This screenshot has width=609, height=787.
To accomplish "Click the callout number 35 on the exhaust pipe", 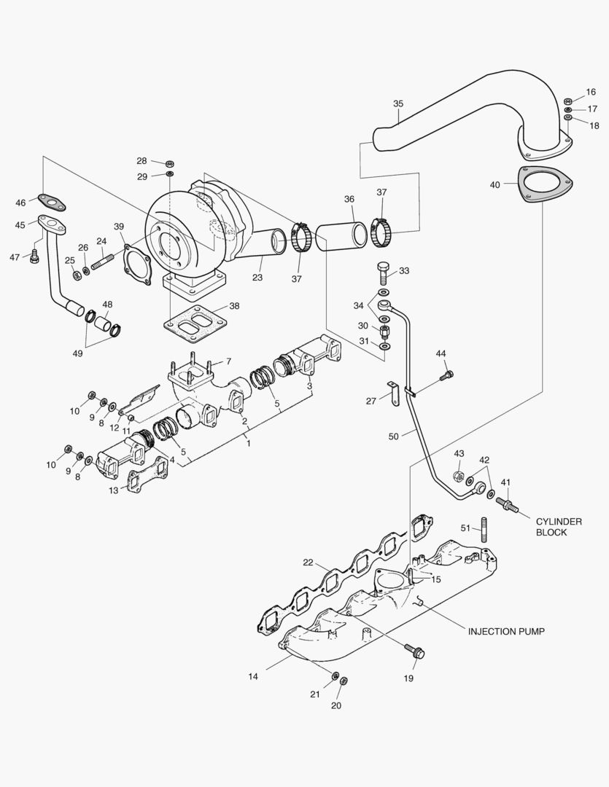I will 397,104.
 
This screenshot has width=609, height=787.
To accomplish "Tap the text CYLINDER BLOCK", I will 559,527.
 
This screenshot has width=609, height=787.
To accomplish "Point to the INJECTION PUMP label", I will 505,630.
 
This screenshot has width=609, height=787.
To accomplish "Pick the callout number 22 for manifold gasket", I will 309,562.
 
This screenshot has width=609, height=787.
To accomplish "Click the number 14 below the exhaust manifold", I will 253,676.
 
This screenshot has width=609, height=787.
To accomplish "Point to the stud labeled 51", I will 483,528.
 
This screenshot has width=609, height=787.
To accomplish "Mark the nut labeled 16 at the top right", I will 568,100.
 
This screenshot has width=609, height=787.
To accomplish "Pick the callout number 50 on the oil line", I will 394,436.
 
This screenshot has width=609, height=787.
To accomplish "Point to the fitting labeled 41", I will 508,504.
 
